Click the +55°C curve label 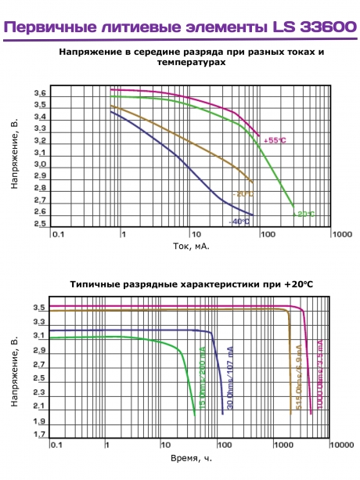click(x=275, y=140)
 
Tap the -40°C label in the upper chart click(x=239, y=222)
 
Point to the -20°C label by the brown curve click(x=242, y=193)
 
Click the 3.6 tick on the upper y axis click(x=40, y=94)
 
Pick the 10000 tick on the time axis click(x=340, y=445)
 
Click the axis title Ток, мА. click(x=191, y=246)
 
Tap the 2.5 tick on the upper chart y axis click(x=40, y=224)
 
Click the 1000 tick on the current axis click(x=338, y=233)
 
